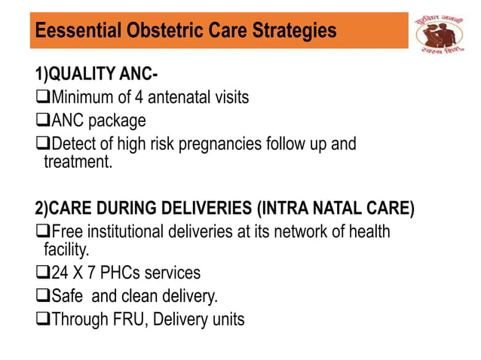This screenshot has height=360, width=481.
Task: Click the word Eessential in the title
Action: click(x=73, y=32)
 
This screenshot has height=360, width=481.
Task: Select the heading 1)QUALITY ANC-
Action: click(x=97, y=75)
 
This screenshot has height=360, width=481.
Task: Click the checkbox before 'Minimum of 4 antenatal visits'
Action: click(x=42, y=97)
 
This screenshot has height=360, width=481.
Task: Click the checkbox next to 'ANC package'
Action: click(x=42, y=121)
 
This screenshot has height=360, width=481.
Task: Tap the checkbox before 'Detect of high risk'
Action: click(x=42, y=144)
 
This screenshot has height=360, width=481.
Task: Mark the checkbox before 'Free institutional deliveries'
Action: click(x=42, y=231)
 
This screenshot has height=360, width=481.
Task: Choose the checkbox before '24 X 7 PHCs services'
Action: click(x=42, y=272)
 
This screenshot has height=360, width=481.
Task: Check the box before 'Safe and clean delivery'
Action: click(x=42, y=295)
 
